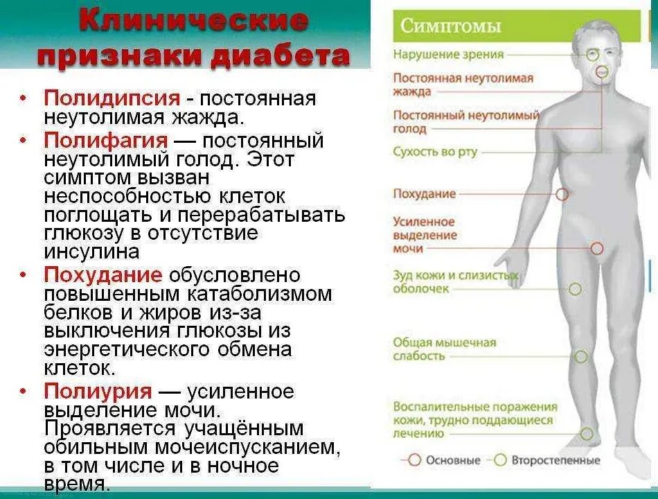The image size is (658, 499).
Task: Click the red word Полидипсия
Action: pos(112,98)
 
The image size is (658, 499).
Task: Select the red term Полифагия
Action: pos(105,141)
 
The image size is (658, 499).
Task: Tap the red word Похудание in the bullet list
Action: pos(103,274)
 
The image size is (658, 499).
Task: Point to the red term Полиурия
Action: pos(98,391)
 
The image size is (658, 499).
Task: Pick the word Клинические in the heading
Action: pos(193,21)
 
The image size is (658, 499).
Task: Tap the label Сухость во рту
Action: pos(435,152)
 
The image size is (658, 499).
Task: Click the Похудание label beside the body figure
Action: pos(424,194)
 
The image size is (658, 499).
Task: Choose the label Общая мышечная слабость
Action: pos(444,349)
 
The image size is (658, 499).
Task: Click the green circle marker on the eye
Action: pos(592,54)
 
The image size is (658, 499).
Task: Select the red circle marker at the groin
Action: pos(597,247)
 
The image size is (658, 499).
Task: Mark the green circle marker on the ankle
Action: pos(587,434)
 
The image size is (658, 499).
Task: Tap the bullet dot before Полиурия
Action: pos(24,392)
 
